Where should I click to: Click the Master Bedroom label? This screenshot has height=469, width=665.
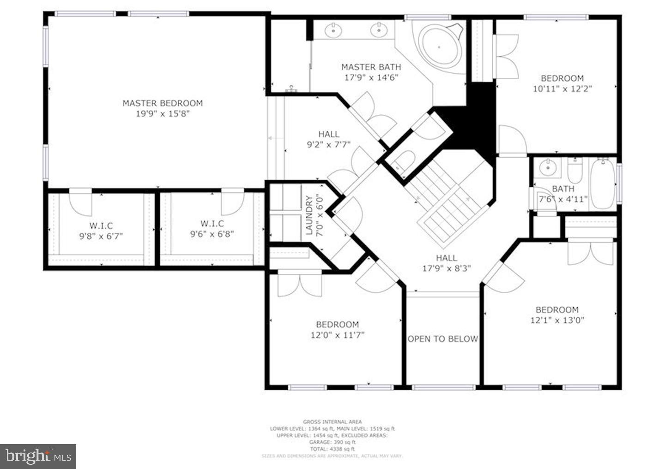point(163,103)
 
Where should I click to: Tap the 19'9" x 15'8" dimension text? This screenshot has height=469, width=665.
point(163,114)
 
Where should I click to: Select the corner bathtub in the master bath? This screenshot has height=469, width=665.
point(440,47)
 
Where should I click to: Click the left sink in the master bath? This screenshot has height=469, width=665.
point(333,30)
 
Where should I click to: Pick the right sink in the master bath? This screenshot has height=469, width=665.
point(379,30)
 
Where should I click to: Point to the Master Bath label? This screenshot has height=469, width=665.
point(371,67)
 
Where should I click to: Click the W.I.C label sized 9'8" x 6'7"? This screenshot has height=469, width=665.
point(101,226)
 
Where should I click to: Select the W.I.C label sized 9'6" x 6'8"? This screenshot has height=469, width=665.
point(212,224)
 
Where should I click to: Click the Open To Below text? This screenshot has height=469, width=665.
point(442,339)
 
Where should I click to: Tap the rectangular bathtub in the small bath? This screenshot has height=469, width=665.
point(603,183)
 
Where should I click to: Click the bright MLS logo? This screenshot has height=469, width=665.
point(38,456)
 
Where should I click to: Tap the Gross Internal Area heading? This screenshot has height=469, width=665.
point(332,422)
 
